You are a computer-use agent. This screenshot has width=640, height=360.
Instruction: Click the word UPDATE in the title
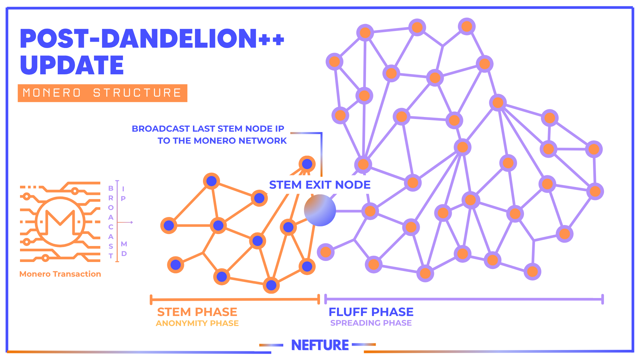pyautogui.click(x=72, y=65)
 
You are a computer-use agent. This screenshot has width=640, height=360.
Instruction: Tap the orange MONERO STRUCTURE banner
pyautogui.click(x=102, y=93)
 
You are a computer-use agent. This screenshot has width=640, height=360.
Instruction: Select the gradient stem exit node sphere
pyautogui.click(x=320, y=210)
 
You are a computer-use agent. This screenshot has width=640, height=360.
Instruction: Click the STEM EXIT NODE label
pyautogui.click(x=320, y=185)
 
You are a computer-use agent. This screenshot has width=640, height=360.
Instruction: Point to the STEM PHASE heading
pyautogui.click(x=197, y=312)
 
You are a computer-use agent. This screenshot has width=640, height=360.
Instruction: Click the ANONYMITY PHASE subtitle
pyautogui.click(x=197, y=323)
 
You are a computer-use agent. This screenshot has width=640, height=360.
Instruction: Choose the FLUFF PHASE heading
pyautogui.click(x=371, y=312)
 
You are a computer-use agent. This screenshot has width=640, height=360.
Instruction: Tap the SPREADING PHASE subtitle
pyautogui.click(x=371, y=323)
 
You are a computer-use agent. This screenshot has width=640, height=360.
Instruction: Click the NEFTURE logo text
pyautogui.click(x=320, y=345)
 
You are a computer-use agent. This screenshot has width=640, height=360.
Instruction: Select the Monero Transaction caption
pyautogui.click(x=60, y=274)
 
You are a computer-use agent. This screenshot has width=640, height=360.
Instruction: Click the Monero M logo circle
pyautogui.click(x=60, y=222)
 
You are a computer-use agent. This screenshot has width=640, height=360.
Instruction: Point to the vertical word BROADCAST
pyautogui.click(x=111, y=222)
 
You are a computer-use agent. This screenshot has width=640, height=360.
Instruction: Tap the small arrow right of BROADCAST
pyautogui.click(x=126, y=222)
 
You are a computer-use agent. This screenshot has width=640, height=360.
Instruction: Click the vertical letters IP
pyautogui.click(x=123, y=194)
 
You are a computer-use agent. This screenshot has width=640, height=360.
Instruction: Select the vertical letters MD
pyautogui.click(x=124, y=249)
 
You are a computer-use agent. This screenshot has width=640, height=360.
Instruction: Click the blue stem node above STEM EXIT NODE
pyautogui.click(x=307, y=164)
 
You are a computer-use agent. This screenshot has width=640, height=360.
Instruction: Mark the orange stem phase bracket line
pyautogui.click(x=235, y=299)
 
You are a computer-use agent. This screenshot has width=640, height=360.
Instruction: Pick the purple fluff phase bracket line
pyautogui.click(x=464, y=299)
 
